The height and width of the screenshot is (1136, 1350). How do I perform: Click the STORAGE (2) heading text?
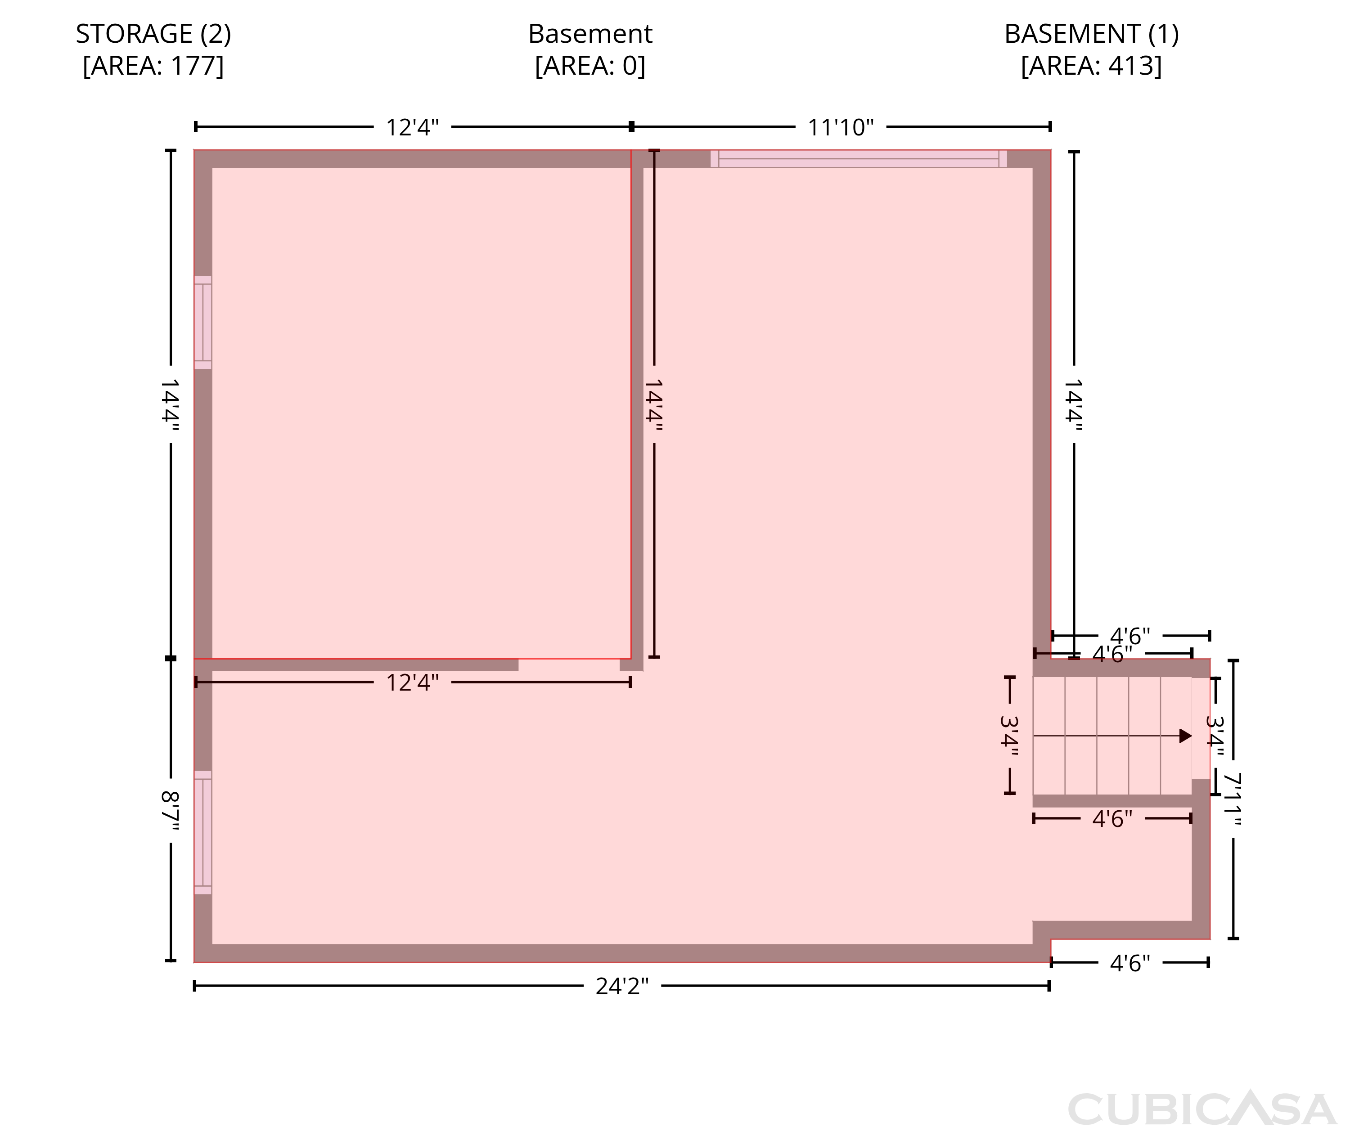tap(153, 33)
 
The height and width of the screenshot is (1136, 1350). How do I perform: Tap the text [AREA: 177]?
tap(153, 66)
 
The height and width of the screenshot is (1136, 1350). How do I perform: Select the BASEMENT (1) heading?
tap(1092, 33)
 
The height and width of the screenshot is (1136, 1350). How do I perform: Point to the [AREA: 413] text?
tap(1092, 66)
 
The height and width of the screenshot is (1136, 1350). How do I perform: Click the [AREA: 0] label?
tap(590, 66)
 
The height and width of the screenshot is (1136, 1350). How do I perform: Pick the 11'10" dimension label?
tap(841, 127)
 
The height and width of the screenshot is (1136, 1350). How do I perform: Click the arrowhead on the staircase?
tap(1186, 736)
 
